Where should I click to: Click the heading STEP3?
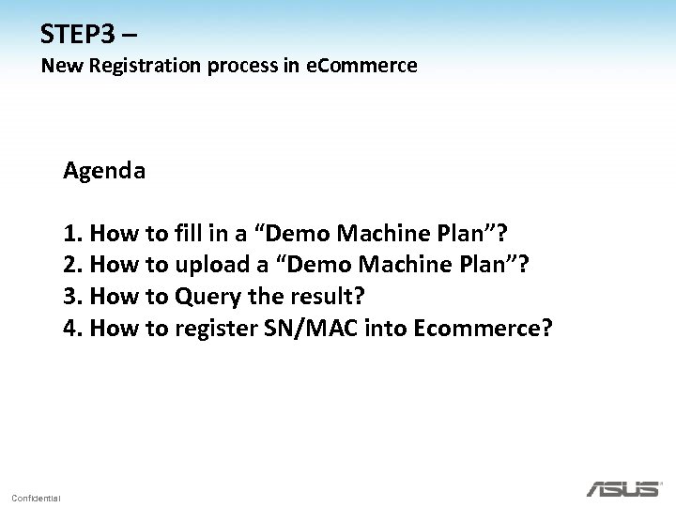coord(80,35)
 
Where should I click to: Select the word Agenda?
coord(104,171)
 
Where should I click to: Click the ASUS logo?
coord(622,487)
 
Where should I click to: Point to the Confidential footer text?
coord(36,497)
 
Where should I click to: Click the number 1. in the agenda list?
coord(72,233)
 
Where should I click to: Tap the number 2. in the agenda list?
coord(72,264)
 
